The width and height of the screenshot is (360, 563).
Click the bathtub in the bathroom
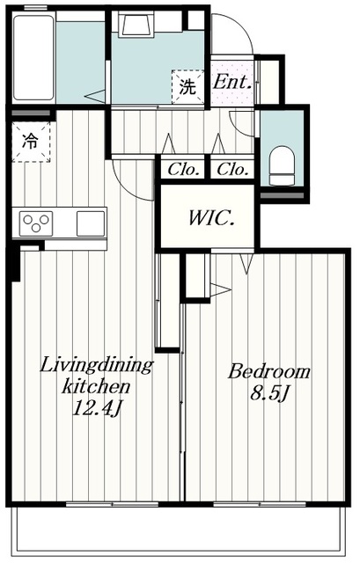(x=33, y=57)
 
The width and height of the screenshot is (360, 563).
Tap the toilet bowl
(x=282, y=165)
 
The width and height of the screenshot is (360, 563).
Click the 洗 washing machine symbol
(x=187, y=87)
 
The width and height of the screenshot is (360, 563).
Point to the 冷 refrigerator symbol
(x=31, y=142)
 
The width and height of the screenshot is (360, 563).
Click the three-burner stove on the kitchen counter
(x=36, y=223)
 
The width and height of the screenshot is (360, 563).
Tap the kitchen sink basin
(x=91, y=223)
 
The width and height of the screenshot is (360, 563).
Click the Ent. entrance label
(x=232, y=83)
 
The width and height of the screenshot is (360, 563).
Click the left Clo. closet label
(x=183, y=169)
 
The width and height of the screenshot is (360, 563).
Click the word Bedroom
(x=268, y=371)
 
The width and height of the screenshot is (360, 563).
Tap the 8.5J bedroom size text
(x=269, y=394)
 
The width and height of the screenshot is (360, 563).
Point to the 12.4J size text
(x=97, y=408)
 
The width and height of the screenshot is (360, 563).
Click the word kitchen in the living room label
(x=96, y=387)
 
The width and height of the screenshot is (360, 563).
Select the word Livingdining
(x=96, y=366)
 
